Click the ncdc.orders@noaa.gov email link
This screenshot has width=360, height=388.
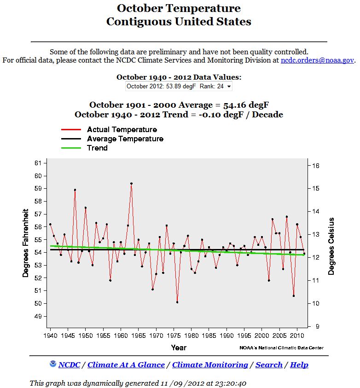coord(317,60)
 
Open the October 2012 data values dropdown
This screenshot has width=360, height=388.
coord(179,86)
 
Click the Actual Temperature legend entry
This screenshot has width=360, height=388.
coord(122,130)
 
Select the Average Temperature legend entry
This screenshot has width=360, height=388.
coord(125,139)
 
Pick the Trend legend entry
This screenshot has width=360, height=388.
coord(97,148)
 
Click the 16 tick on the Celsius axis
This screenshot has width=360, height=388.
coord(316,166)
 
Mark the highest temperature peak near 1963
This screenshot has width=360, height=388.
coord(131,183)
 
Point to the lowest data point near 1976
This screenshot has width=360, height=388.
coord(177,302)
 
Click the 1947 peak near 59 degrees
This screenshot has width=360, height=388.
coord(75,190)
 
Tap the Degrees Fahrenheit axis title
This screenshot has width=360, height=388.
coord(26,243)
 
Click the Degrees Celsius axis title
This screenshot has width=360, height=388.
coord(332,246)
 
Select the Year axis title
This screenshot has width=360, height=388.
coord(179,347)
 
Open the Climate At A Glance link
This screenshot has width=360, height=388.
coord(126,365)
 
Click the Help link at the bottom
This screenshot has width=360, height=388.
coord(299,365)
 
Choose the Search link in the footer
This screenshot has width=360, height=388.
coord(269,365)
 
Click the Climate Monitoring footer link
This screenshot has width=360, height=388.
coord(210,365)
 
